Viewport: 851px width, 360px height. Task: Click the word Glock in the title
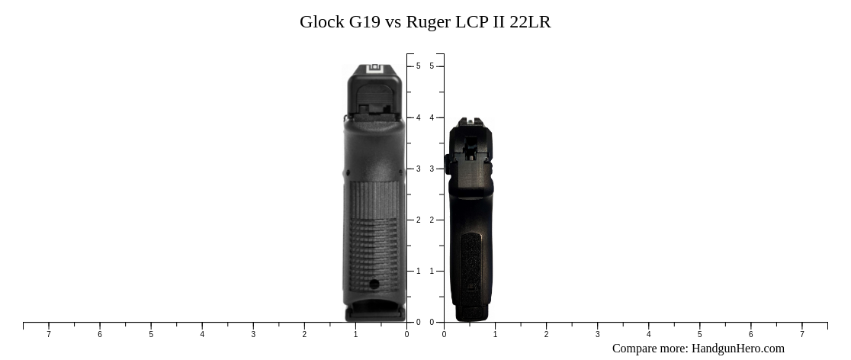pos(322,21)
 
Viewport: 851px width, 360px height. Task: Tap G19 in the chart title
pos(365,21)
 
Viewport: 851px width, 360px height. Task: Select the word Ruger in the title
pos(428,21)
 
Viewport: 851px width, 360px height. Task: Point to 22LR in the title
pos(530,21)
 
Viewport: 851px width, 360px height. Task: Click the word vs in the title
pos(393,21)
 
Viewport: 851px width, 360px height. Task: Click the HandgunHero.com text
pos(737,349)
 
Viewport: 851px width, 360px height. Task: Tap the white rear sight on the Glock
pos(375,69)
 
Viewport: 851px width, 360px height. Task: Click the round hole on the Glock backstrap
pos(374,284)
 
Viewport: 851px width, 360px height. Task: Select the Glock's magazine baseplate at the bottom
pos(375,313)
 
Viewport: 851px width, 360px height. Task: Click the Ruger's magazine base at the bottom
pos(471,312)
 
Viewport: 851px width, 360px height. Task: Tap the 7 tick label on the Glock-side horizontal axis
pos(49,334)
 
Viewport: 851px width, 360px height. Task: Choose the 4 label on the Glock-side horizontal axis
pos(202,334)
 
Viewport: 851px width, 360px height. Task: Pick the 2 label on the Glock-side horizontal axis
pos(304,334)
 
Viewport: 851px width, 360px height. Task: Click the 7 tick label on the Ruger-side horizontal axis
pos(801,334)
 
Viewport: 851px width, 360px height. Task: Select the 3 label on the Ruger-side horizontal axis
pos(597,334)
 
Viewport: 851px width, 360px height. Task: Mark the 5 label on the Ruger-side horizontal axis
pos(699,334)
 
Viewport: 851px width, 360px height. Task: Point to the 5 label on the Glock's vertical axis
pos(418,66)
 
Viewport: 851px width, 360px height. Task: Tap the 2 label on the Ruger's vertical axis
pos(432,220)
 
